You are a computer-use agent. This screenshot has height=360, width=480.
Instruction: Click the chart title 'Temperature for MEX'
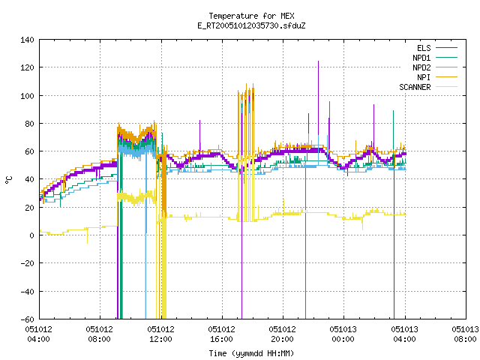(251, 16)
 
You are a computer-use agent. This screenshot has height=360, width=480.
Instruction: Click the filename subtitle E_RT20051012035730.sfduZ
(251, 25)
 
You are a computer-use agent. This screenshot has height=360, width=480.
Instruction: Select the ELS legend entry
(436, 48)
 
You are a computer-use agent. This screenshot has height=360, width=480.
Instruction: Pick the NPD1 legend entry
(435, 58)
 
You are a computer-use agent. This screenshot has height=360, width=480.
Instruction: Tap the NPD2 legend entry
(435, 67)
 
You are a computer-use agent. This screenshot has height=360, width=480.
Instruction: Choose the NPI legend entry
(436, 77)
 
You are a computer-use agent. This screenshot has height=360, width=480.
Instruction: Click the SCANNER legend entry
(428, 87)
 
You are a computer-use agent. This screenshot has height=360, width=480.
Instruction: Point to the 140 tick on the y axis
(27, 40)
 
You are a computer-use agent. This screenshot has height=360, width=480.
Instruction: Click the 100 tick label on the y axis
(27, 96)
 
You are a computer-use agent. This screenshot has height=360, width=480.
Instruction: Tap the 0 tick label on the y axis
(31, 235)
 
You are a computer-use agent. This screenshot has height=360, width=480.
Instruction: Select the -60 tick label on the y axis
(27, 319)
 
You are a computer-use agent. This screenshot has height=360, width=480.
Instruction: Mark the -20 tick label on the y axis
(27, 263)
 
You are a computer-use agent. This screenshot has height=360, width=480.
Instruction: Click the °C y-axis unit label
(8, 180)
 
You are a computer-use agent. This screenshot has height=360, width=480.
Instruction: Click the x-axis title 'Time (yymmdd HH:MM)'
(251, 353)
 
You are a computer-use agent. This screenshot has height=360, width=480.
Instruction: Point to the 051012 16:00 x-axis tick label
(221, 334)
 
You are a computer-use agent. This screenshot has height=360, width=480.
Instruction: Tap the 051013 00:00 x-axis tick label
(343, 334)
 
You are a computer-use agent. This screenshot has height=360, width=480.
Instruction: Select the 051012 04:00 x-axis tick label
(39, 334)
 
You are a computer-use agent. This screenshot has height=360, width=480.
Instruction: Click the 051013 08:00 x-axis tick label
(465, 334)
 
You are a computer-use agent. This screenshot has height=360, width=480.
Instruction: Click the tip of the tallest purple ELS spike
(318, 61)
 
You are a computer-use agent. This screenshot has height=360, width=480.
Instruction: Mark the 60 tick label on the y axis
(29, 151)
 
